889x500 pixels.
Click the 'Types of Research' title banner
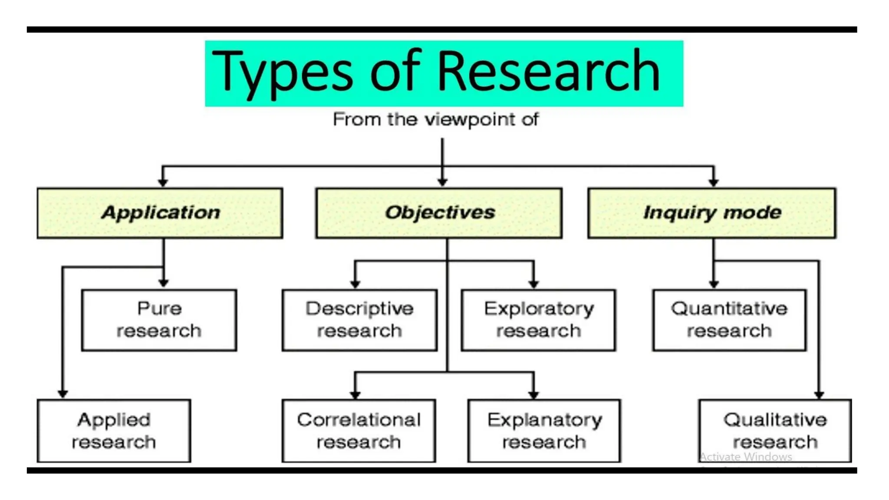444,73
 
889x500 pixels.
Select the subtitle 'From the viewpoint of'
435,119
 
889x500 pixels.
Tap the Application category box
160,213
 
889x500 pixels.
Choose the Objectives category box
439,213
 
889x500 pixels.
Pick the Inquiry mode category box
712,213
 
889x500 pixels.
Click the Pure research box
159,320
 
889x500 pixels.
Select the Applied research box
114,431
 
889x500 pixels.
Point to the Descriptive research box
359,320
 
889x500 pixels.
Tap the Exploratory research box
538,320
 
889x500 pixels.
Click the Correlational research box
359,431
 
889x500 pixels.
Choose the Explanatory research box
544,431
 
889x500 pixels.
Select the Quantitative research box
729,320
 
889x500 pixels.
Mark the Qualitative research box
775,431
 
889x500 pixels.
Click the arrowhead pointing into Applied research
63,394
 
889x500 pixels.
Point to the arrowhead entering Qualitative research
819,394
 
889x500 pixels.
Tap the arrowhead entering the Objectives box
442,182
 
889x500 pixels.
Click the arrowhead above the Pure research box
164,283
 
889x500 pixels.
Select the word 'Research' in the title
548,72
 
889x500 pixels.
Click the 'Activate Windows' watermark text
746,457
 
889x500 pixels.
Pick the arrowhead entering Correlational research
355,394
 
